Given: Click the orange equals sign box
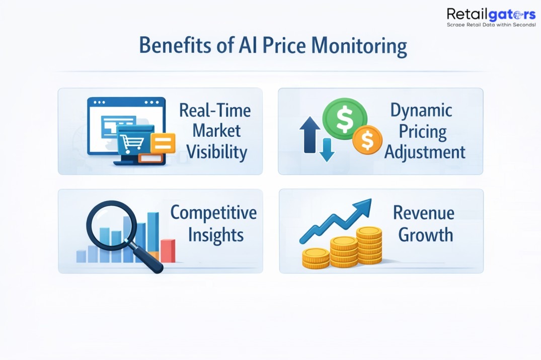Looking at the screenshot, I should coord(162,143).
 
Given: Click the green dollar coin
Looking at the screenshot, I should coord(345,119).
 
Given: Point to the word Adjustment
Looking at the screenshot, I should coord(425,152).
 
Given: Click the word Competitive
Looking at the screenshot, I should coord(213,213).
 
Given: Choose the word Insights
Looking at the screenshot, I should coord(216,235).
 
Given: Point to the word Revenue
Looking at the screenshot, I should coord(423,213).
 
